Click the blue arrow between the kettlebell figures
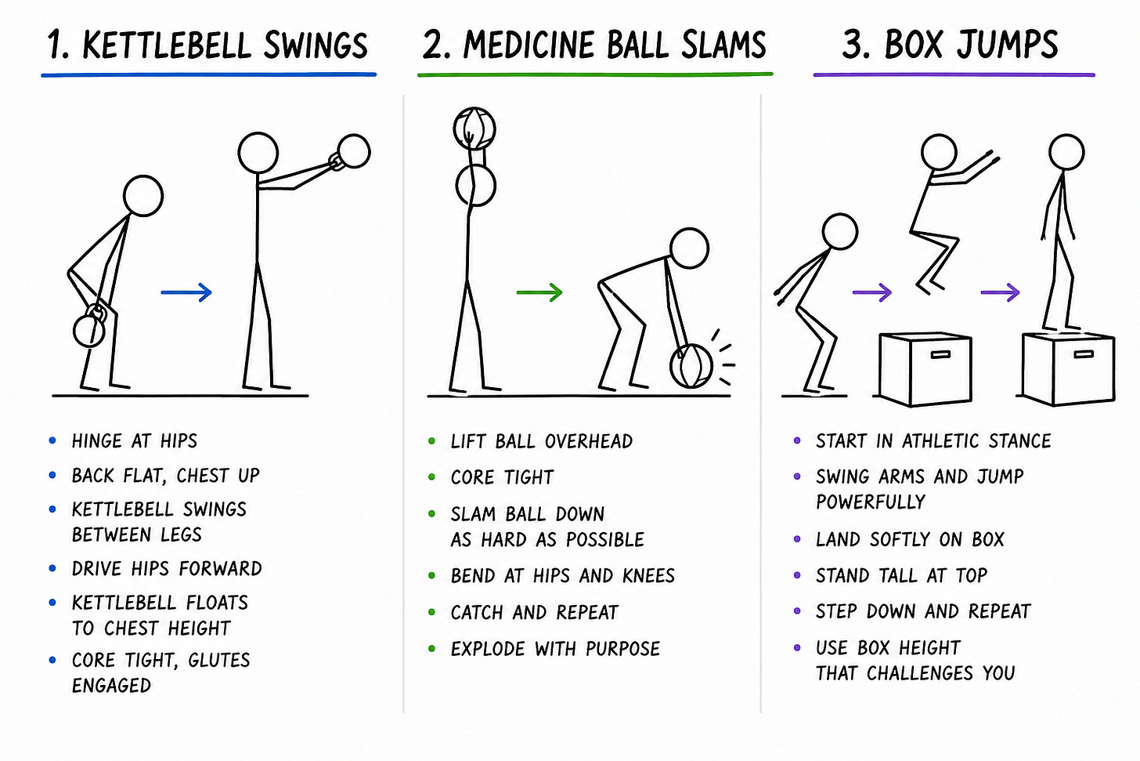point(186,292)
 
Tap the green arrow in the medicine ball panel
point(539,292)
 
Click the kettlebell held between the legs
point(90,327)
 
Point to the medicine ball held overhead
point(474,128)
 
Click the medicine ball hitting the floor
point(691,366)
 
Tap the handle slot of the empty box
point(940,354)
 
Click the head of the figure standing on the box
point(1066,152)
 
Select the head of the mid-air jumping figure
point(939,152)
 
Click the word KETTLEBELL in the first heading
point(167,45)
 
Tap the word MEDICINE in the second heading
point(531,45)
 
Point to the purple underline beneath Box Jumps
point(954,75)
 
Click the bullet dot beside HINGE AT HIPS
point(52,440)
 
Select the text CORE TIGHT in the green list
point(502,477)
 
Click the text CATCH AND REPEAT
point(534,612)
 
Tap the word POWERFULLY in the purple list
point(871,502)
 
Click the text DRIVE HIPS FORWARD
point(167,568)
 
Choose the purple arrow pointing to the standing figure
point(1000,292)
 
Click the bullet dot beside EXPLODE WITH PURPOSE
point(432,648)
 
